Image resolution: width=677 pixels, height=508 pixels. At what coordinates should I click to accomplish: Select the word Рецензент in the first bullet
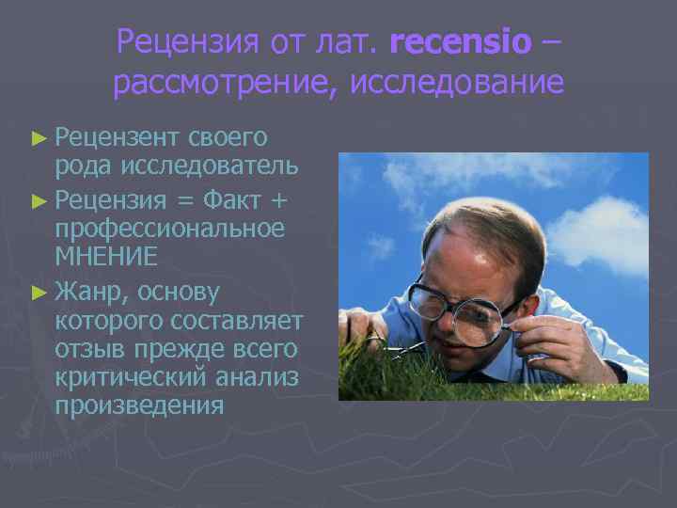116,137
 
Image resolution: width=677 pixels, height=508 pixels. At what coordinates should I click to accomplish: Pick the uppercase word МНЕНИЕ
106,257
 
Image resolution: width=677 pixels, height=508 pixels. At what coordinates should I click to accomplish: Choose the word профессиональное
169,228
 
